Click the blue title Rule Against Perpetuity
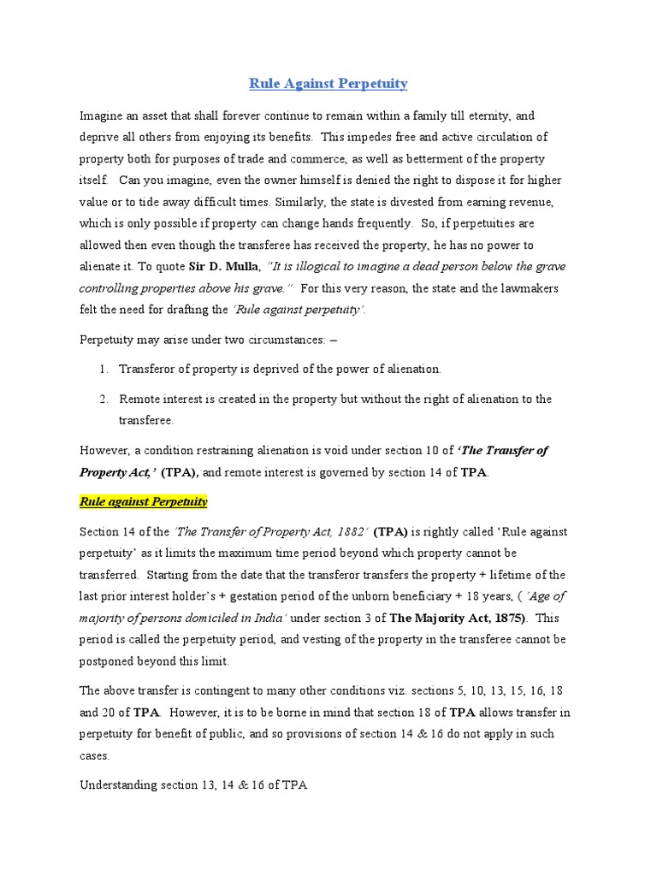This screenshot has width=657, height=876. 328,84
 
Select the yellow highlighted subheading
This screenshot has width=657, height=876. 144,501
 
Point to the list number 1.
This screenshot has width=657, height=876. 102,369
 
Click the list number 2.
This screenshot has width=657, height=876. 102,399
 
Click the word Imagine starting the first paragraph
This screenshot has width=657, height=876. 102,115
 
